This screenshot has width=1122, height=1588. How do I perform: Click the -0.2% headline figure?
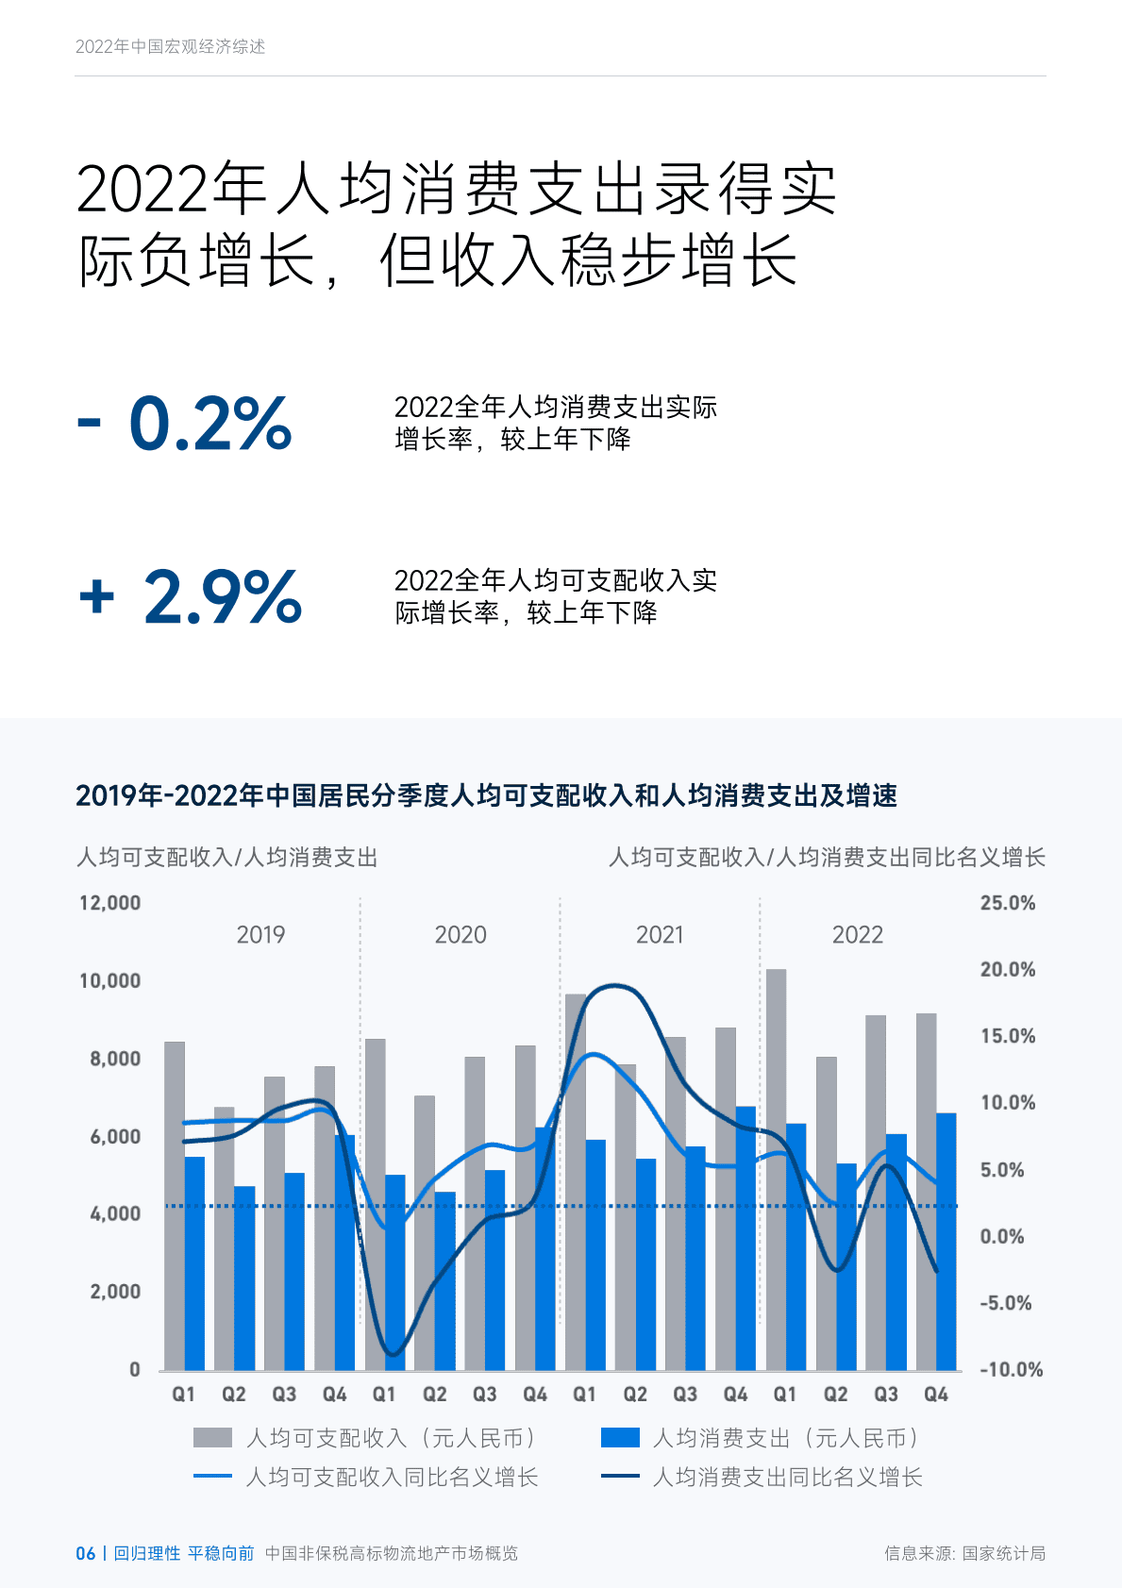[185, 424]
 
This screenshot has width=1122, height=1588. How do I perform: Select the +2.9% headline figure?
[191, 597]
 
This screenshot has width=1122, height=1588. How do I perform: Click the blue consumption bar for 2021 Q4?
[745, 1238]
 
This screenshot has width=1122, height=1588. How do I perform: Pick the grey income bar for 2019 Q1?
[175, 1206]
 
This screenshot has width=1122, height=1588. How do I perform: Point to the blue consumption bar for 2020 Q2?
[445, 1280]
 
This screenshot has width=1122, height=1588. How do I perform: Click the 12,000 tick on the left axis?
[109, 903]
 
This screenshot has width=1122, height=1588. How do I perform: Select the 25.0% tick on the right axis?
[1007, 903]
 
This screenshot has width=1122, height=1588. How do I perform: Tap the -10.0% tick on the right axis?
[1011, 1369]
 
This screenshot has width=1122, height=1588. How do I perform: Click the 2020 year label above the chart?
[461, 935]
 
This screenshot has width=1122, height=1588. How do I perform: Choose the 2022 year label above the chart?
[857, 935]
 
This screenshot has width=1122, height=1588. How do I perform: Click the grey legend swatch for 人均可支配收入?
[212, 1437]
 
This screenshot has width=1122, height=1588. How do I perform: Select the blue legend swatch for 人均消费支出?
[620, 1437]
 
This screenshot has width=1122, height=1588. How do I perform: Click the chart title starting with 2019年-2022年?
[486, 795]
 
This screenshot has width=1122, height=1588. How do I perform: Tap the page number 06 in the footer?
[85, 1553]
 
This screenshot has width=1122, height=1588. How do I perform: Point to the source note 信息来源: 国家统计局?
[964, 1553]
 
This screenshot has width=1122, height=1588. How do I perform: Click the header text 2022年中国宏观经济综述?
[171, 46]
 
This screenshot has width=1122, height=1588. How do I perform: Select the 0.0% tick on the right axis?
[1001, 1236]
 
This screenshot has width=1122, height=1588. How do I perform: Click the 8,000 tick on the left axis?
[115, 1059]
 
